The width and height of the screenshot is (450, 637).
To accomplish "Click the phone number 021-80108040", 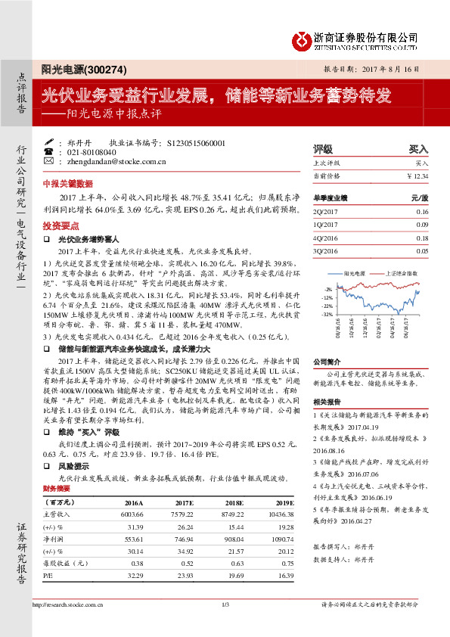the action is coord(92,151).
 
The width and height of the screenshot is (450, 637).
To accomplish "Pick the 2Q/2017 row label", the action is coord(323,213).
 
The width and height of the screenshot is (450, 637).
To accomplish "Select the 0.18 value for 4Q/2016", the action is coord(421,238).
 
